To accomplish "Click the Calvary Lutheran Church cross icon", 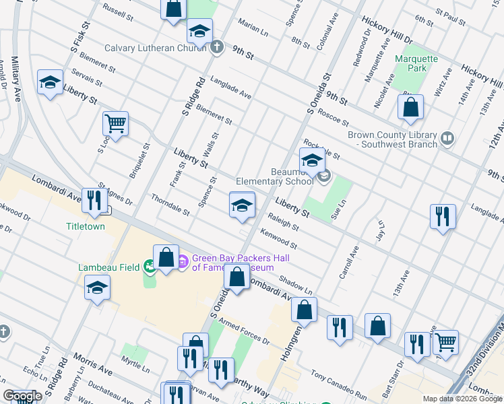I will click(x=216, y=48).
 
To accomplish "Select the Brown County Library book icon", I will click(x=447, y=139).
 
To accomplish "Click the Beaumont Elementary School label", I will click(x=274, y=176).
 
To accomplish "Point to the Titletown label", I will click(x=86, y=226).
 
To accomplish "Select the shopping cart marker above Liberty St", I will click(x=115, y=124).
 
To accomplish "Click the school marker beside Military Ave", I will click(x=51, y=83).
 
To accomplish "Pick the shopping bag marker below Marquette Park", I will click(x=410, y=107).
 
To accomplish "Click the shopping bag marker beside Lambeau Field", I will click(x=166, y=257).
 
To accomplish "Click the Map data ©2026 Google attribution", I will click(x=462, y=399).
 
